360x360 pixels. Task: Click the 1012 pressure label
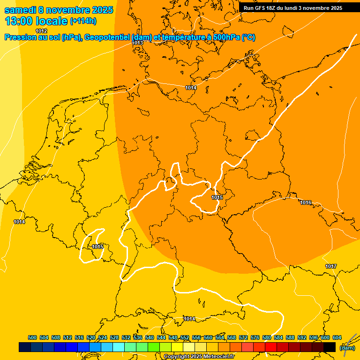41,31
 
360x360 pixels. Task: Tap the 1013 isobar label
137,43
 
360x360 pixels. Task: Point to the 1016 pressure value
306,202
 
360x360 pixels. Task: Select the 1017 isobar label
331,266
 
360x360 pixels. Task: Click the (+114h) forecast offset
83,21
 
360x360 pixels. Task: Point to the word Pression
20,37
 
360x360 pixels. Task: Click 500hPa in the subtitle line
225,37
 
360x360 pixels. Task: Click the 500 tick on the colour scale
32,337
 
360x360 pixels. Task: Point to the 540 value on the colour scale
150,337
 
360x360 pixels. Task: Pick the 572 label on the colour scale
243,337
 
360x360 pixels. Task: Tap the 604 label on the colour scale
337,337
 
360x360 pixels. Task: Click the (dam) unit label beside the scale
347,348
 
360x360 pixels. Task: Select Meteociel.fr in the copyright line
219,357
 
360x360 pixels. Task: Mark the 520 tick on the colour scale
91,337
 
